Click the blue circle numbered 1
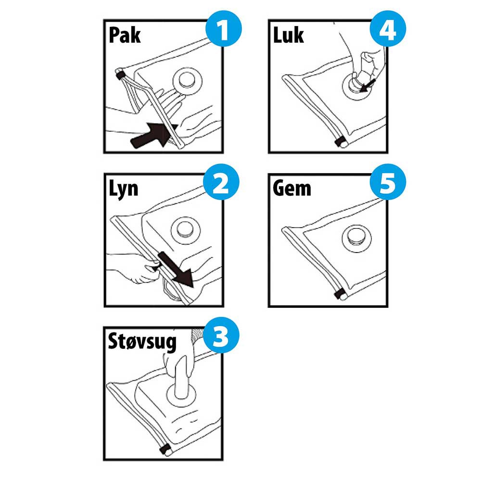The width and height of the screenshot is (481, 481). pyautogui.click(x=224, y=29)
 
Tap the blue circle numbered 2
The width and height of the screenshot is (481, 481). pyautogui.click(x=221, y=182)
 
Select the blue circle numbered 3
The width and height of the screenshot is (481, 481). pyautogui.click(x=221, y=335)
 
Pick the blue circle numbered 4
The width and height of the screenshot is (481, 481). pyautogui.click(x=388, y=29)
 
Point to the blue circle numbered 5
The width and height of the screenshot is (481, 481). pyautogui.click(x=388, y=182)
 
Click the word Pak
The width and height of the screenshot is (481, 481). pyautogui.click(x=125, y=35)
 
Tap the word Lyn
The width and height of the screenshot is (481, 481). pyautogui.click(x=123, y=189)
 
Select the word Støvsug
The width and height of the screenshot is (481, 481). pyautogui.click(x=142, y=342)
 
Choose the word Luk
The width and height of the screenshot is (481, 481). pyautogui.click(x=288, y=35)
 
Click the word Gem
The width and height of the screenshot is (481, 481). pyautogui.click(x=292, y=188)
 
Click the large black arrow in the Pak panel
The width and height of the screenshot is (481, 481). pyautogui.click(x=153, y=136)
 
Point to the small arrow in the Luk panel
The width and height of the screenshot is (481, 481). pyautogui.click(x=368, y=85)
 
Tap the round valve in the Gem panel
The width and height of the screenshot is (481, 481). pyautogui.click(x=357, y=239)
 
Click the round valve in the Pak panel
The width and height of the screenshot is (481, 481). pyautogui.click(x=188, y=81)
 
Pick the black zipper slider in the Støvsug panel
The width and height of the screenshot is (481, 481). pyautogui.click(x=165, y=449)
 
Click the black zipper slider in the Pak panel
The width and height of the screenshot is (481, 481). pyautogui.click(x=120, y=75)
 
